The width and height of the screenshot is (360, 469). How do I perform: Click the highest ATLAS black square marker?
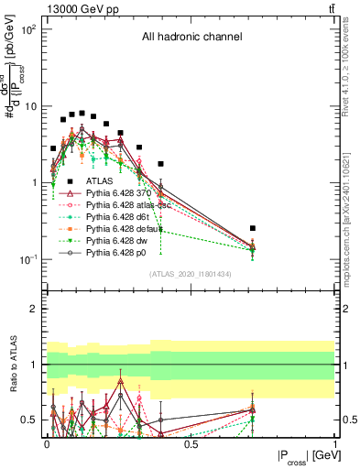(82, 114)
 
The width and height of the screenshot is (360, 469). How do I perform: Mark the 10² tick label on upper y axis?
(28, 30)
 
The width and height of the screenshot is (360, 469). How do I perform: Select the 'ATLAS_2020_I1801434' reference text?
(191, 274)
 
